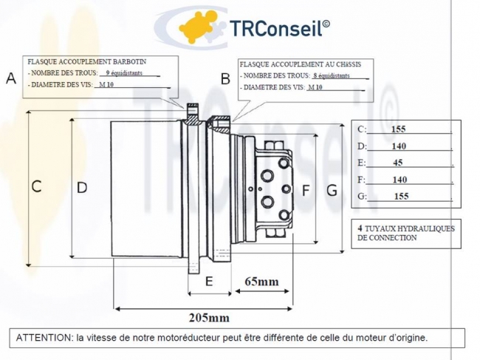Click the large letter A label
(11, 78)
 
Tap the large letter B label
(226, 78)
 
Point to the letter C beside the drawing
(36, 187)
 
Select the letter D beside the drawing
(82, 187)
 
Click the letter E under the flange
(209, 281)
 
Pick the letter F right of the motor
(306, 191)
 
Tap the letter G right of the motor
(332, 191)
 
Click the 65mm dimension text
(261, 282)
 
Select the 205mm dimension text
(209, 318)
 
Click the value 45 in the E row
(398, 163)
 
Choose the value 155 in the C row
(399, 129)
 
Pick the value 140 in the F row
(400, 180)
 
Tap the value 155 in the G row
(401, 197)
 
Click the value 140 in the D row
(399, 146)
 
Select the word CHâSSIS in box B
(354, 64)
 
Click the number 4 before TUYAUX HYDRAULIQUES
(360, 228)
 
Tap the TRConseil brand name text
(280, 27)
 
